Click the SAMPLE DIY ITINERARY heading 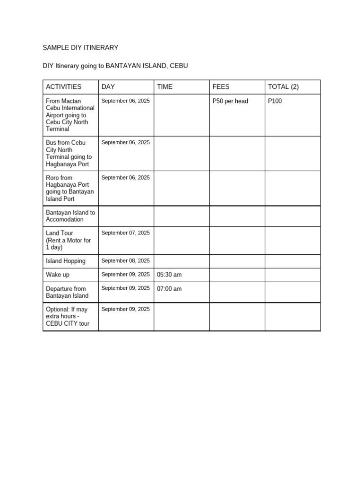tap(80, 48)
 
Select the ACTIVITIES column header tap(64, 86)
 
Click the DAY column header tap(108, 86)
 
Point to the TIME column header tap(165, 86)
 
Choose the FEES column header tap(221, 86)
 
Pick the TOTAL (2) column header tap(284, 86)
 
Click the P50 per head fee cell tap(230, 101)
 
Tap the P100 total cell tap(275, 101)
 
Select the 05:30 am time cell tap(169, 275)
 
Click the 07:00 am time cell tap(169, 289)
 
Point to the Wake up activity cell tap(58, 275)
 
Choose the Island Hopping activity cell tap(66, 261)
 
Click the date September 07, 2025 tap(125, 233)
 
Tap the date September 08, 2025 tap(125, 261)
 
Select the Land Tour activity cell tap(68, 240)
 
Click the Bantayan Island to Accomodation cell tap(70, 216)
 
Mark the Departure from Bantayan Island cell tap(67, 292)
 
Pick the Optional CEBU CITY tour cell tap(68, 316)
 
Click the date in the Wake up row tap(125, 275)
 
